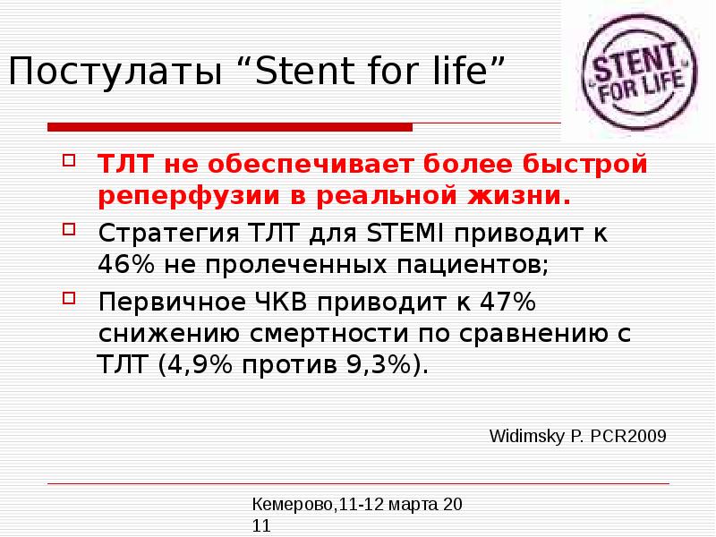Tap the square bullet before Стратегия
(x=69, y=231)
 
